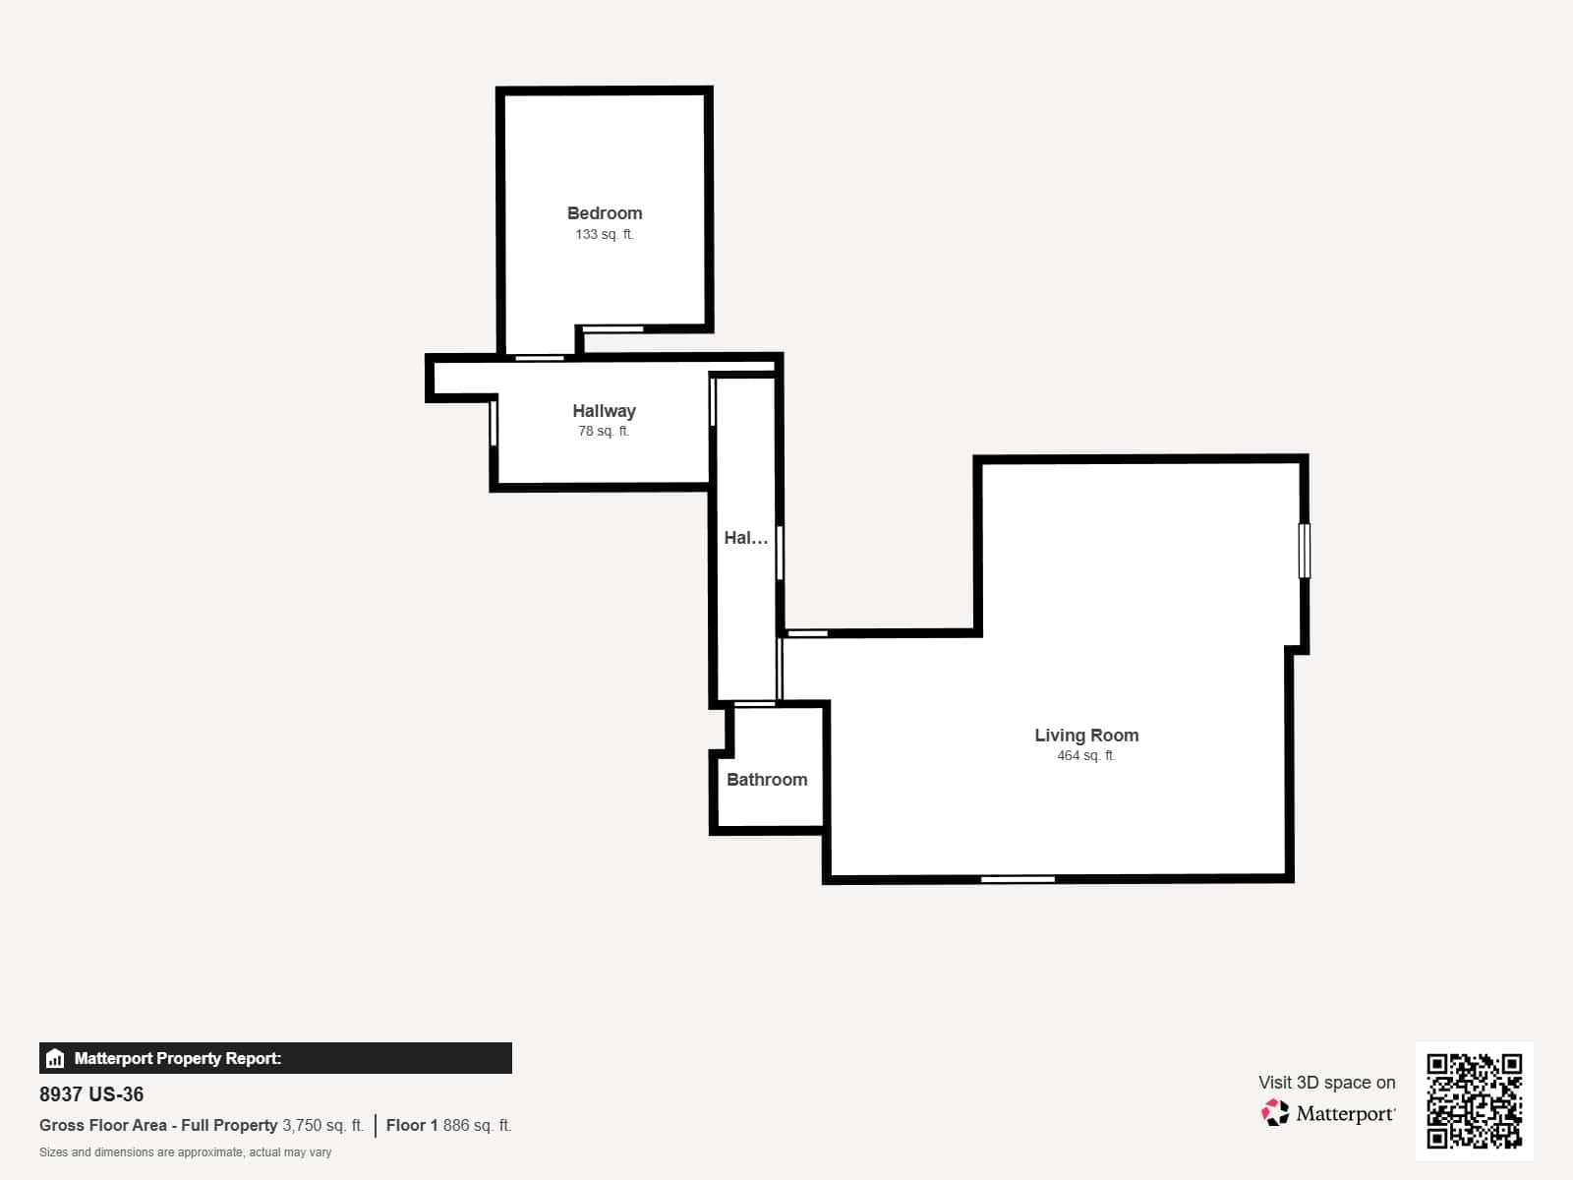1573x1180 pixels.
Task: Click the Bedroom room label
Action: [x=604, y=213]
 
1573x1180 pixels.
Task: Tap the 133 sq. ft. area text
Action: [x=604, y=234]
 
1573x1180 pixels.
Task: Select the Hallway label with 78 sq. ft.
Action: [x=604, y=411]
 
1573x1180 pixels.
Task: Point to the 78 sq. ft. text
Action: [x=604, y=432]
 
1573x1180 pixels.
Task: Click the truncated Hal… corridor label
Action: [x=746, y=538]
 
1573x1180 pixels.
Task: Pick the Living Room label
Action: [x=1086, y=736]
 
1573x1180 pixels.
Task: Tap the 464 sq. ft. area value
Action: [x=1086, y=755]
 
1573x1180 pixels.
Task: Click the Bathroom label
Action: [x=767, y=780]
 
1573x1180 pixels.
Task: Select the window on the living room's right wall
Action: [x=1305, y=551]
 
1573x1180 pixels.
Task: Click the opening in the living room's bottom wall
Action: [x=1018, y=879]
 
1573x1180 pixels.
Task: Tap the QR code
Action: [x=1474, y=1101]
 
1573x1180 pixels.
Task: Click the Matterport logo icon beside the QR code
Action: [x=1275, y=1113]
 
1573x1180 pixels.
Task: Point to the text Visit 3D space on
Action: [x=1326, y=1083]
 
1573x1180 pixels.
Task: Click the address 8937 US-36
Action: [x=91, y=1094]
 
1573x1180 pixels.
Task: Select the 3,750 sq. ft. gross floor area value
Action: [x=323, y=1126]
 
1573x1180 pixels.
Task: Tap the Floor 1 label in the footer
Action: [x=411, y=1126]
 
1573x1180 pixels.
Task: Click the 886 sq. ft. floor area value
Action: [x=477, y=1126]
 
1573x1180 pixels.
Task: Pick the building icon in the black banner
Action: [x=55, y=1058]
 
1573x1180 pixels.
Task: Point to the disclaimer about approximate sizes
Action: [x=185, y=1152]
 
